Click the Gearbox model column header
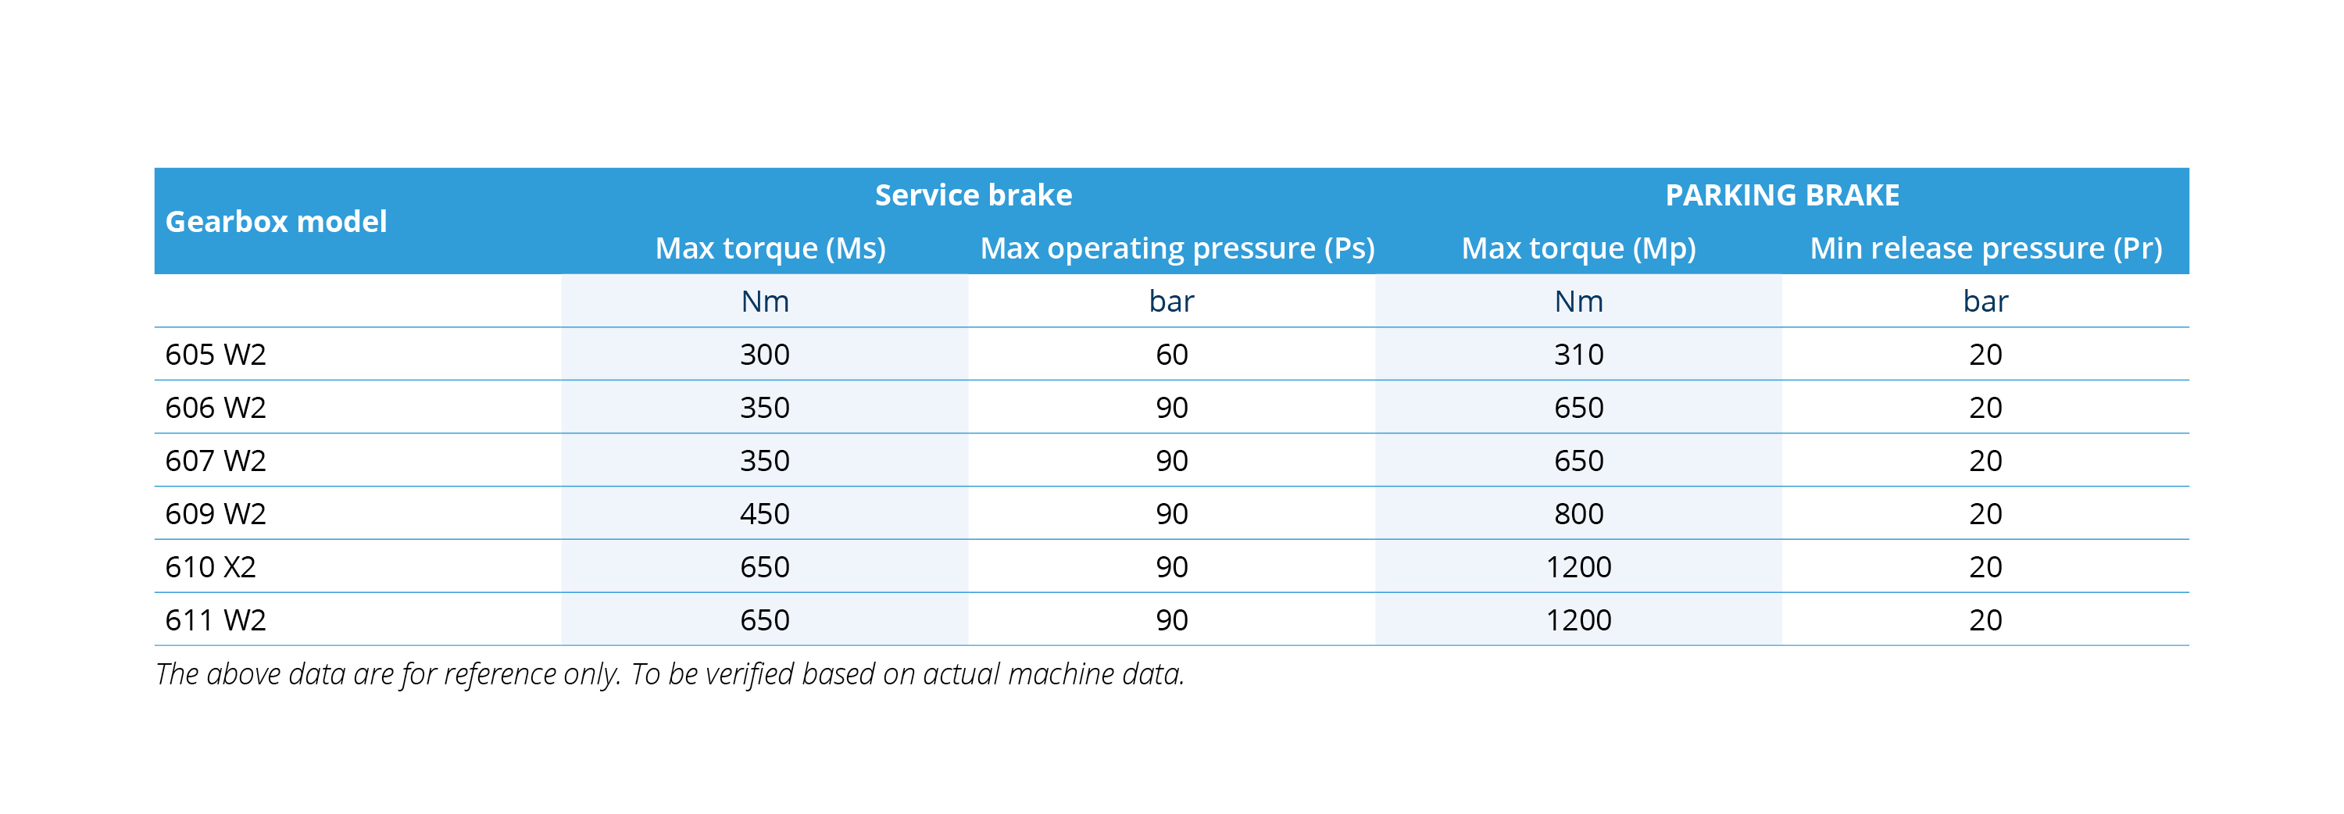(276, 221)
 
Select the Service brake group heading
(973, 195)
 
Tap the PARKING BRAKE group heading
(1781, 195)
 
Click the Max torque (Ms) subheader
(770, 248)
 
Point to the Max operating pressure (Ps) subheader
(1177, 248)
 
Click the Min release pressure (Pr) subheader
(1985, 248)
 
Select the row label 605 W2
(216, 355)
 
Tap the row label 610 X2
(210, 567)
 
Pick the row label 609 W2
(216, 514)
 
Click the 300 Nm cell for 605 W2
(764, 355)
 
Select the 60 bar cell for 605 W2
(1171, 355)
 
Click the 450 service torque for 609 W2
(764, 514)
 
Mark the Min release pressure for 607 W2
(1985, 461)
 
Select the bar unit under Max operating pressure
(1171, 301)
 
